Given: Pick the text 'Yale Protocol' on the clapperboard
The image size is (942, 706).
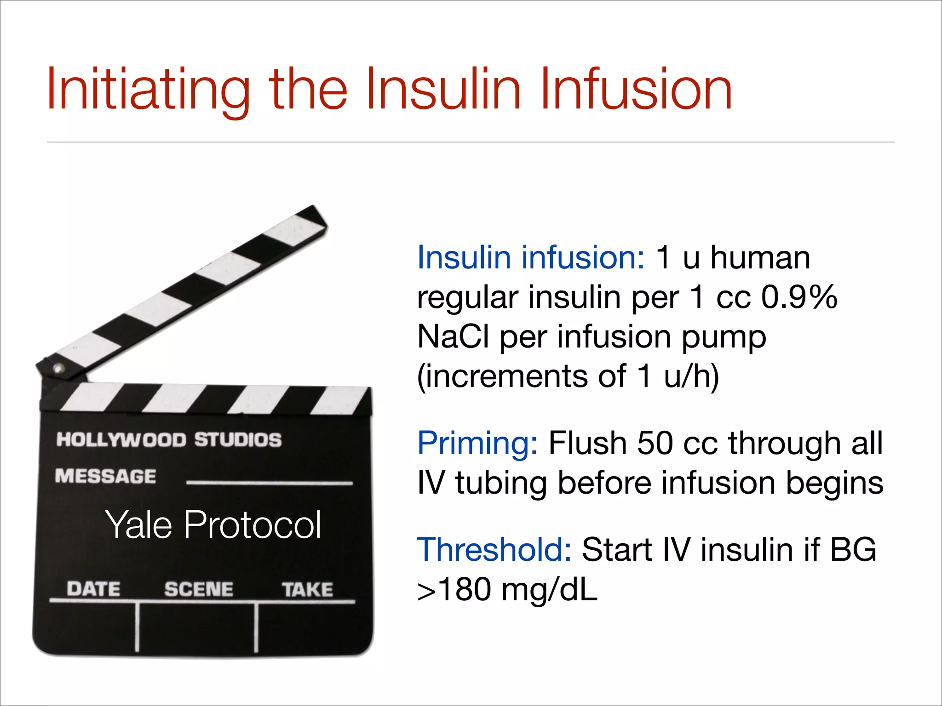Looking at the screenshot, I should tap(213, 524).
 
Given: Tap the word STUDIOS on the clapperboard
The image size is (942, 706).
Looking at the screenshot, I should tap(237, 440).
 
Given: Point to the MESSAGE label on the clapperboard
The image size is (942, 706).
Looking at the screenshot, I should tap(105, 476).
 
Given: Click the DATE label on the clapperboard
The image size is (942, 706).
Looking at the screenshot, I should tap(93, 589).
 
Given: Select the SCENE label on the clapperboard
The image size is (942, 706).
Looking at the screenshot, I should tap(199, 589).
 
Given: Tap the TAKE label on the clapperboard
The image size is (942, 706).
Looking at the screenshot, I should tap(307, 590).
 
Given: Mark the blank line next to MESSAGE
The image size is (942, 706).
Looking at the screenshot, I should tap(269, 483).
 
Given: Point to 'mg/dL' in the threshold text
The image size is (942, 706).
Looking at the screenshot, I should tap(549, 590).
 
